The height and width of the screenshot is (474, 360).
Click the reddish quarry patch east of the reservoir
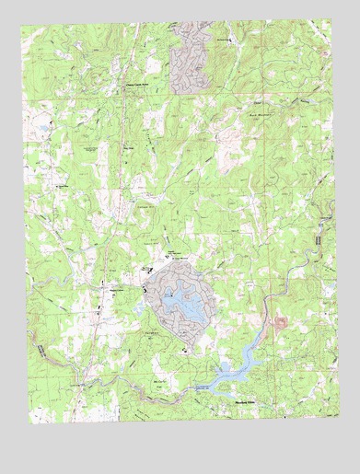[x=280, y=323]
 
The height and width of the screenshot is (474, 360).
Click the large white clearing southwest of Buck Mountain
[x=221, y=143]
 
